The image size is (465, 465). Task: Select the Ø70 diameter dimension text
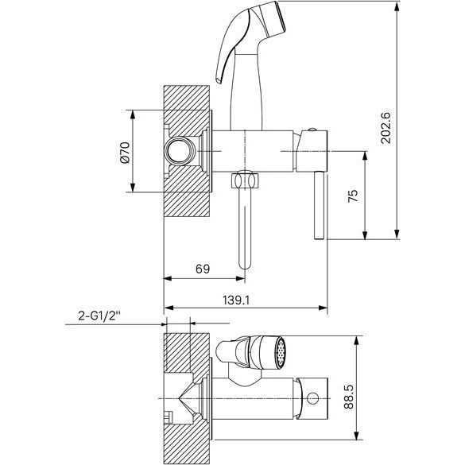[x=126, y=153]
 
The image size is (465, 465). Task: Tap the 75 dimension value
[x=353, y=196]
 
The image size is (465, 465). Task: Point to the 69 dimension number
[x=203, y=269]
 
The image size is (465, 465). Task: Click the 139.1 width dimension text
[x=236, y=300]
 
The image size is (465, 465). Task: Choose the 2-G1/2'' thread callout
[x=100, y=316]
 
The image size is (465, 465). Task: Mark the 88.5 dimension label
[x=349, y=397]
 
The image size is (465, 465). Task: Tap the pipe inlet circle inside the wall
[x=180, y=151]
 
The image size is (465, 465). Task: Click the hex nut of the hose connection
[x=245, y=180]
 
